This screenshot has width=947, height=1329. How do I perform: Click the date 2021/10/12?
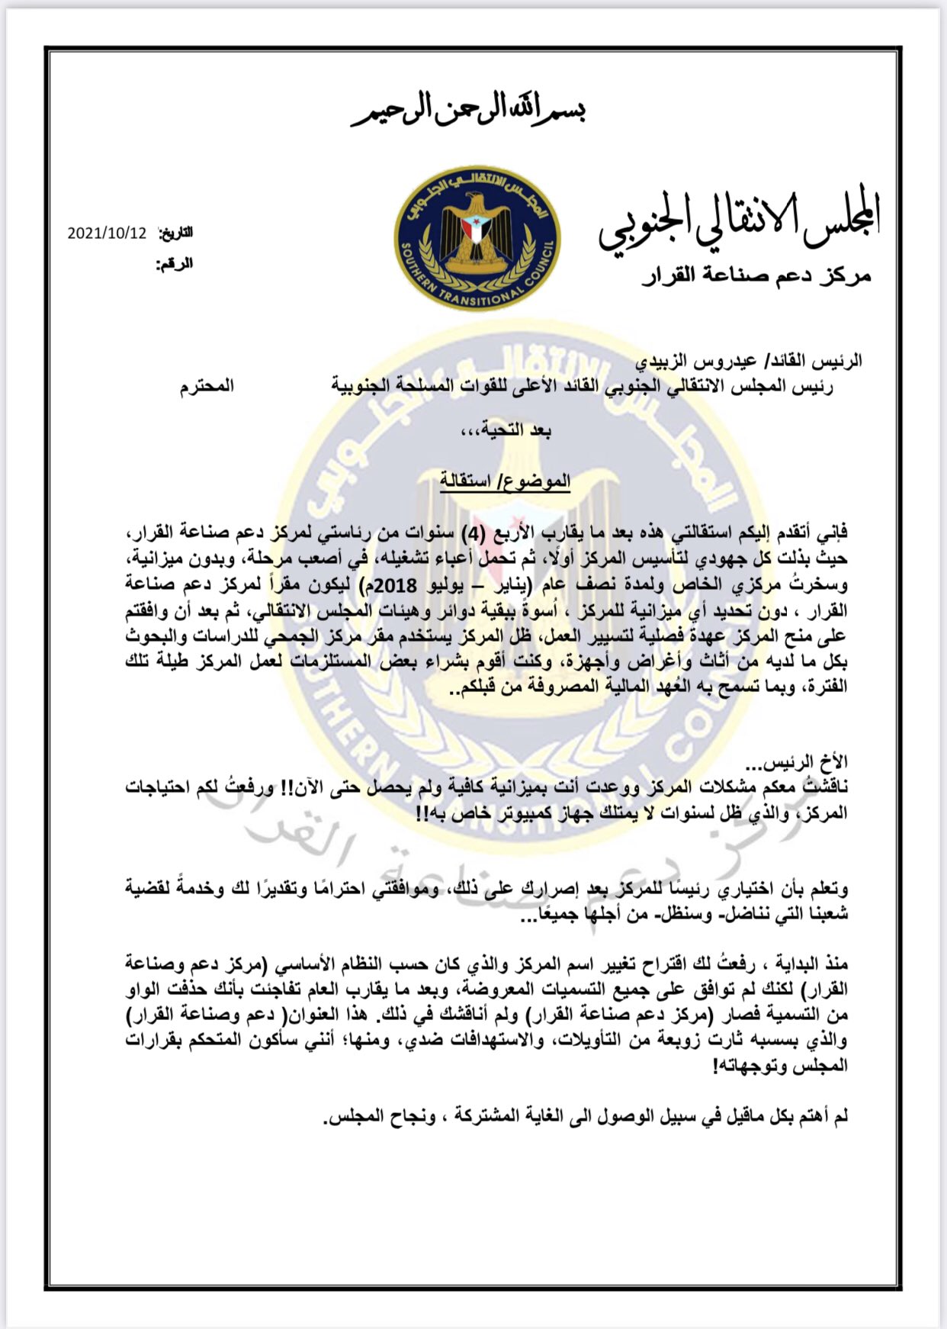tap(106, 233)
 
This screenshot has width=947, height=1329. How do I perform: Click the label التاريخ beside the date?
tap(175, 233)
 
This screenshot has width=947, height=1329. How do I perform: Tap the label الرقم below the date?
tap(175, 264)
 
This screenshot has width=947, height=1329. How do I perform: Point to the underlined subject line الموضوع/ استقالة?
tap(505, 481)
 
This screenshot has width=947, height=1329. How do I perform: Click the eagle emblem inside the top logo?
tap(477, 229)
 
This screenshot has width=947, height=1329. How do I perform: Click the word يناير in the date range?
tap(522, 584)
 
